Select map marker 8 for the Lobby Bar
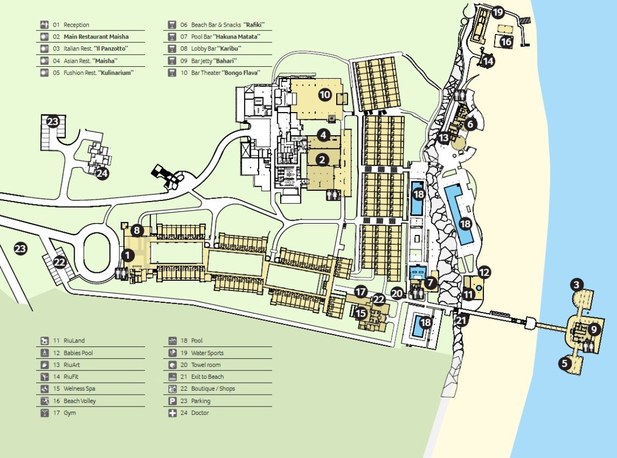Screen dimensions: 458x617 (x=136, y=230)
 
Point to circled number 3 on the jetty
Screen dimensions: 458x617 (x=577, y=284)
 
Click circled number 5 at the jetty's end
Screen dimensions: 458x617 (x=565, y=363)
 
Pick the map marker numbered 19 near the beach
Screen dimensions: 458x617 (x=498, y=12)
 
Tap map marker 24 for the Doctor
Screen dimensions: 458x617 (x=102, y=173)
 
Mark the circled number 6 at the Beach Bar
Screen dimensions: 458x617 (x=471, y=124)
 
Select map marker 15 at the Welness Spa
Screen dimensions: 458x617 (x=361, y=313)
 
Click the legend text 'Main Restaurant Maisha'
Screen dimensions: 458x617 (x=96, y=36)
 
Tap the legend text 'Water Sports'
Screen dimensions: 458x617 (x=207, y=353)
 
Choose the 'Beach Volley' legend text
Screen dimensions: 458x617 (x=80, y=401)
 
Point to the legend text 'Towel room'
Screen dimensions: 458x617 (x=206, y=365)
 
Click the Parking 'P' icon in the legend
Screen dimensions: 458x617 (x=172, y=401)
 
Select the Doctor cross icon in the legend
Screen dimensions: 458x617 (x=172, y=413)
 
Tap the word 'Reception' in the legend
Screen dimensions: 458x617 (x=77, y=25)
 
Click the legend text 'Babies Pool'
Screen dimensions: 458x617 (x=78, y=353)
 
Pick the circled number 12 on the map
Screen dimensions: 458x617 (x=484, y=272)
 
